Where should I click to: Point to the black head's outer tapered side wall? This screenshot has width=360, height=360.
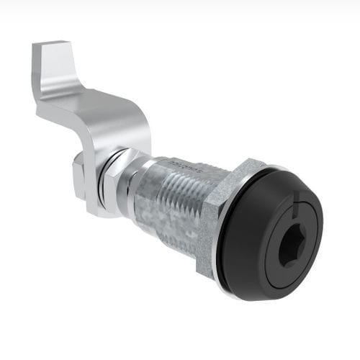pyautogui.click(x=245, y=238)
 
